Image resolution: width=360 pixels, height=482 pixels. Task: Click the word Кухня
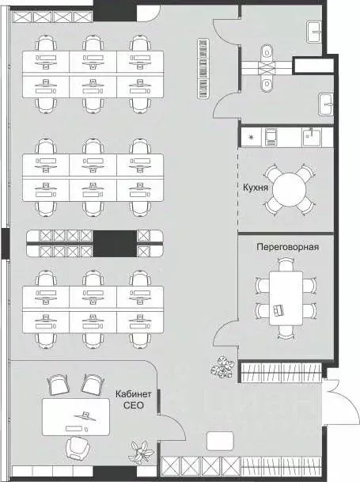(x=257, y=188)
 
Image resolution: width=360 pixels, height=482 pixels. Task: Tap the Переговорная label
(x=288, y=246)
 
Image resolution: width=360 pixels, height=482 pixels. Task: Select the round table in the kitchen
(x=288, y=190)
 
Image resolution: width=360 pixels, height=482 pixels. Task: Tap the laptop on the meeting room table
(x=280, y=309)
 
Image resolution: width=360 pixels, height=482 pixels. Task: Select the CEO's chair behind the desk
(x=76, y=447)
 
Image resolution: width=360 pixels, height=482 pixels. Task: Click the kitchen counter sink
(x=311, y=137)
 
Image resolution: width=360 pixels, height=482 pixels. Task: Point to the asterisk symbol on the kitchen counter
(x=252, y=138)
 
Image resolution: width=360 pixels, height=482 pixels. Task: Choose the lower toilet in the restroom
(x=267, y=83)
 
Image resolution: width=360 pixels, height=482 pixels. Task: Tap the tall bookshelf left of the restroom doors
(x=203, y=69)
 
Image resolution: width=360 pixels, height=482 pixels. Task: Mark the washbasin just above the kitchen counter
(x=327, y=104)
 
